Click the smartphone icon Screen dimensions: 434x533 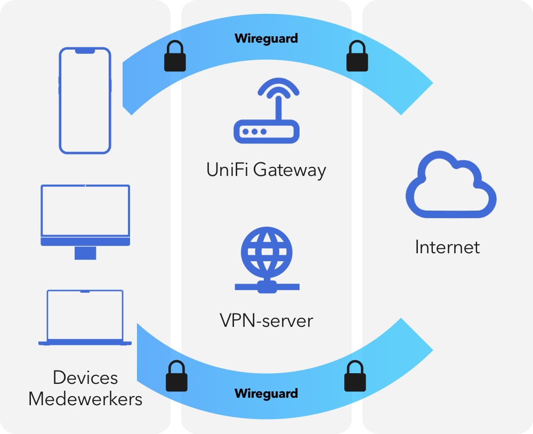(x=85, y=101)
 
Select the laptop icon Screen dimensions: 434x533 (x=85, y=318)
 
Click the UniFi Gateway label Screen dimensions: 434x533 (x=266, y=170)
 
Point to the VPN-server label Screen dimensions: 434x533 (x=266, y=320)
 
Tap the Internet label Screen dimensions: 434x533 (x=447, y=247)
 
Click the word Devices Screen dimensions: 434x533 (x=85, y=377)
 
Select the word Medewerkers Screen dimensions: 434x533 (x=85, y=399)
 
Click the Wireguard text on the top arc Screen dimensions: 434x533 (x=266, y=38)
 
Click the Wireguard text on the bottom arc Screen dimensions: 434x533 (x=266, y=394)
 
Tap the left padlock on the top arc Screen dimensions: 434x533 (x=175, y=57)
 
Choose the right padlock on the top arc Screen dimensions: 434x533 (x=357, y=57)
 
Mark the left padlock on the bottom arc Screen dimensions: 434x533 (x=176, y=376)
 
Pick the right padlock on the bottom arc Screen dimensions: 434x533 (x=355, y=376)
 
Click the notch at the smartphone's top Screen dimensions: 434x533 (x=85, y=51)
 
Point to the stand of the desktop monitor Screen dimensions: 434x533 (x=85, y=253)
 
